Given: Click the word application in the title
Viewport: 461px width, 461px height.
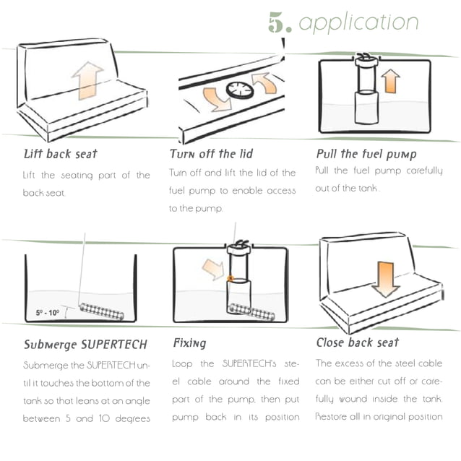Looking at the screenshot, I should (x=358, y=22).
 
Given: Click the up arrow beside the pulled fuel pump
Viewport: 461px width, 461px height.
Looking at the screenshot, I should (x=391, y=80).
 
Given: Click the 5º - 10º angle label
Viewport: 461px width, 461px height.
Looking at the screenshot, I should (x=49, y=313).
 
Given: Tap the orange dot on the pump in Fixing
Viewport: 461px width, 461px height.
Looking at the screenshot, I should (x=230, y=277).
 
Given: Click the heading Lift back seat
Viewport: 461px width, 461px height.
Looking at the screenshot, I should (x=60, y=154).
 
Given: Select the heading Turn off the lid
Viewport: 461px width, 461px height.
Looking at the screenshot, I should (x=211, y=154).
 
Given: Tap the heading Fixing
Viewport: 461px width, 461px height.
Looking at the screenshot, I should (x=189, y=343).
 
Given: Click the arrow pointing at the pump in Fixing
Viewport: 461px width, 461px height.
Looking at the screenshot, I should (x=213, y=269).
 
